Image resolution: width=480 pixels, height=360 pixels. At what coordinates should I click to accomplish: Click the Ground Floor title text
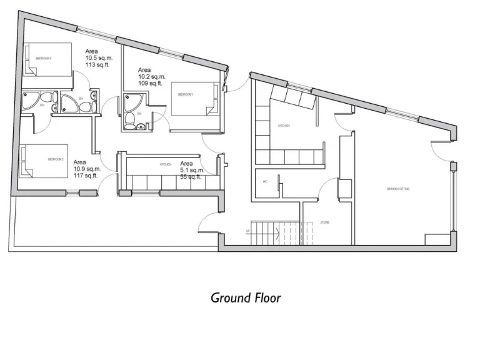246,297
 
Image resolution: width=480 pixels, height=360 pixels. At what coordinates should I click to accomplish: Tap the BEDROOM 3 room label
43,57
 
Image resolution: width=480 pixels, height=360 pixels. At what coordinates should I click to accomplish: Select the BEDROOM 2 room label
56,159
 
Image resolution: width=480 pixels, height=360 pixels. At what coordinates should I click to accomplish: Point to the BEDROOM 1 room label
186,94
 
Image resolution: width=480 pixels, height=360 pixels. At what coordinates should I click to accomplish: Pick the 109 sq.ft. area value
151,83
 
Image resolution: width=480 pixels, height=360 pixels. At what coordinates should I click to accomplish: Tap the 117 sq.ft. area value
87,176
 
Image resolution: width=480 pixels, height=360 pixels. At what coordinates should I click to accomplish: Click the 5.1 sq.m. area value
192,170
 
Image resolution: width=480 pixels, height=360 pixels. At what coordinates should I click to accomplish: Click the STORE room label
325,222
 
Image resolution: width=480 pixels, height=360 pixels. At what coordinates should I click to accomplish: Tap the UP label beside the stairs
248,231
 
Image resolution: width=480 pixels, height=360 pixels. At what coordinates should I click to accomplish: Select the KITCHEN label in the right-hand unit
284,126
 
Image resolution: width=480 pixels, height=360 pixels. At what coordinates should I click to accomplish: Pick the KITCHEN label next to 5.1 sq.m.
165,164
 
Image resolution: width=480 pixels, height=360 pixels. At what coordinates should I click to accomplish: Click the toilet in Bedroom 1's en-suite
130,120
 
